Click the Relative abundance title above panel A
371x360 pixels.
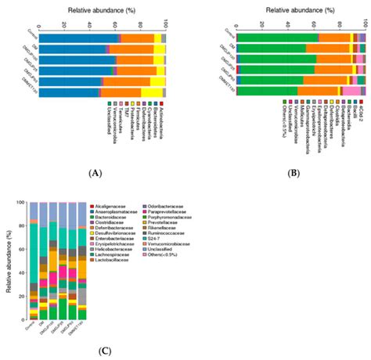click(x=101, y=10)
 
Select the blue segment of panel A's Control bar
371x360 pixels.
click(x=78, y=38)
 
